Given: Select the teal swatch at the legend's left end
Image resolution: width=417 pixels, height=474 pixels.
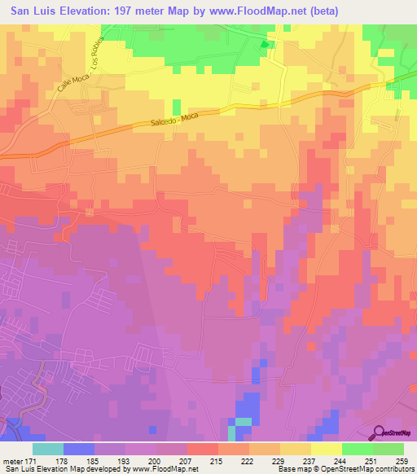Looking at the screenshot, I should (48, 449).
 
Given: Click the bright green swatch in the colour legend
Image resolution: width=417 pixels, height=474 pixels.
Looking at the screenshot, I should (357, 449).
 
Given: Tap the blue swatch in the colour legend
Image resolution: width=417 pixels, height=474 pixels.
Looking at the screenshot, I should (79, 449).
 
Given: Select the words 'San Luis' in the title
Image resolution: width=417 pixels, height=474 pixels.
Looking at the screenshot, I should (33, 11).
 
